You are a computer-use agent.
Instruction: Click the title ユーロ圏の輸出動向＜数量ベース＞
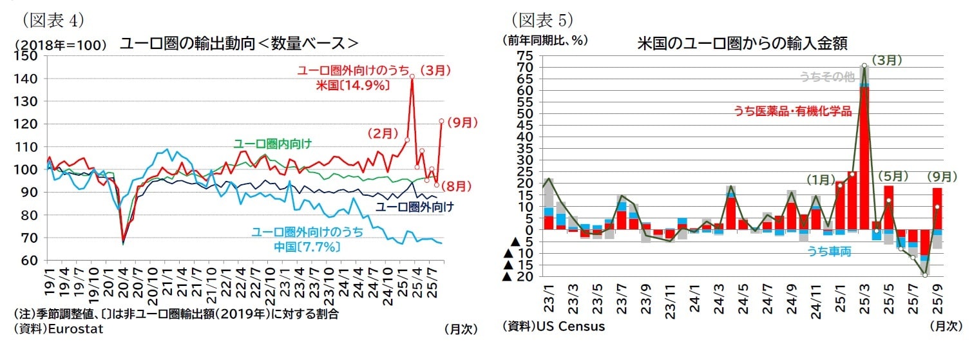[239, 44]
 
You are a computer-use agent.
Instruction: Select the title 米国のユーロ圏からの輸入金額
[741, 44]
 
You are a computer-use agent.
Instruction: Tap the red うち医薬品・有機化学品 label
[792, 111]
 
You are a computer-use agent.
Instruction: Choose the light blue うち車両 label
[829, 252]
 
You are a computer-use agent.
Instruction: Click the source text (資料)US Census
[553, 326]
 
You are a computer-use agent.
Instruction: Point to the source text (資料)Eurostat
[58, 328]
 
